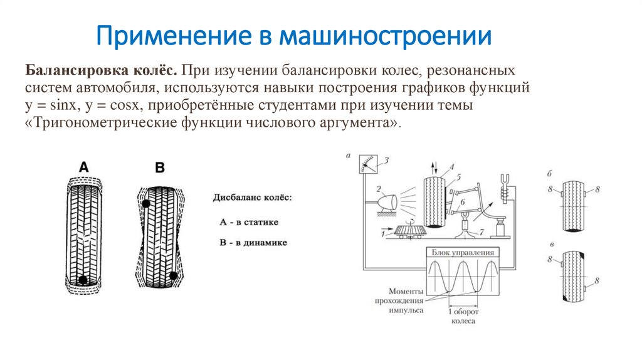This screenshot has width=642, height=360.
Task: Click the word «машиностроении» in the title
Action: (385, 36)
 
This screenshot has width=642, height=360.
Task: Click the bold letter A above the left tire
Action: (84, 167)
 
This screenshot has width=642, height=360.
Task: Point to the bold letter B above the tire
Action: (159, 167)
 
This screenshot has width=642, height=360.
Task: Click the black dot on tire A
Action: (83, 280)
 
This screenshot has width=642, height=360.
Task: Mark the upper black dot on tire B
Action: (146, 204)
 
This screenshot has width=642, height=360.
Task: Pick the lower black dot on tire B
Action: (173, 276)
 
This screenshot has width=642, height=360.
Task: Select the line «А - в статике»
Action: (249, 221)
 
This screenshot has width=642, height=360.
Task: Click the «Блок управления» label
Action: (463, 252)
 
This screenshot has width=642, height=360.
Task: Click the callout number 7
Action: (481, 232)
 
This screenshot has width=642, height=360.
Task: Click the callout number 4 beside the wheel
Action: (450, 166)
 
